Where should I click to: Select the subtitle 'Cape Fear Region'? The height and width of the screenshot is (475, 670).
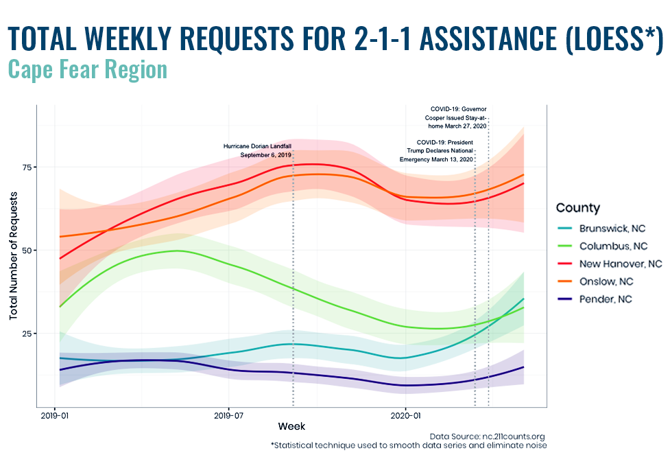[88, 69]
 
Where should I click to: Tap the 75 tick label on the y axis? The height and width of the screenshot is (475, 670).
[27, 167]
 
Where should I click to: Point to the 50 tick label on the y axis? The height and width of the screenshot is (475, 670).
[27, 251]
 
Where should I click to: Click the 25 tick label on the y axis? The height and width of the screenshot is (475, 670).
[27, 334]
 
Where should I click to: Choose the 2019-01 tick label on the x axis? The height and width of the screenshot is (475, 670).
[54, 415]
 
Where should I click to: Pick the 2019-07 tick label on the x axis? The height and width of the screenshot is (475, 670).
[228, 415]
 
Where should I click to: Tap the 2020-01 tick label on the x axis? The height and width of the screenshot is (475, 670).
[405, 415]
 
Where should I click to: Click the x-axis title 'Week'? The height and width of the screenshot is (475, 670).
[291, 426]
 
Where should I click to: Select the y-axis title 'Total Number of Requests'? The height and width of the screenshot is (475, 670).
[13, 255]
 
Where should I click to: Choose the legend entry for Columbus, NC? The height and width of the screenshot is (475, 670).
[603, 246]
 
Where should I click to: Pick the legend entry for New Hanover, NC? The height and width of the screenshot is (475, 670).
[610, 264]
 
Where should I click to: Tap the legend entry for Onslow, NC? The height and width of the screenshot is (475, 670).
[596, 281]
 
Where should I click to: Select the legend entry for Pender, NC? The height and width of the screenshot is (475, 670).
[595, 299]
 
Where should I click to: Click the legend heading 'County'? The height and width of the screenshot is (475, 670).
[577, 208]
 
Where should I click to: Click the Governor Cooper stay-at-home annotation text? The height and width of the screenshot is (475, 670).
[455, 117]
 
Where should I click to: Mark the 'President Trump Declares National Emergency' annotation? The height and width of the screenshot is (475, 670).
[436, 151]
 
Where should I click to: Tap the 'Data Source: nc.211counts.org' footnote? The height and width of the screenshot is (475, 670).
[487, 437]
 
